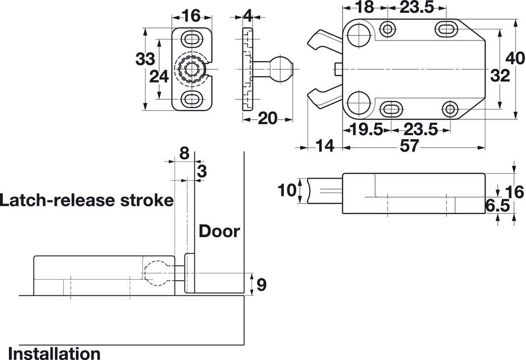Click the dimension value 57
410,146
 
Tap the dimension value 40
515,59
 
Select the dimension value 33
145,59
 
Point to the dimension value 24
159,76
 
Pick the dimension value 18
364,8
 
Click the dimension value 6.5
497,206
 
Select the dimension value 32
500,76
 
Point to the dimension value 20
268,118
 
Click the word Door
219,231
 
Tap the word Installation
54,353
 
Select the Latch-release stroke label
87,200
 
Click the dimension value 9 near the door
261,285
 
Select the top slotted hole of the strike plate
191,38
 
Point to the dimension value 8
184,153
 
